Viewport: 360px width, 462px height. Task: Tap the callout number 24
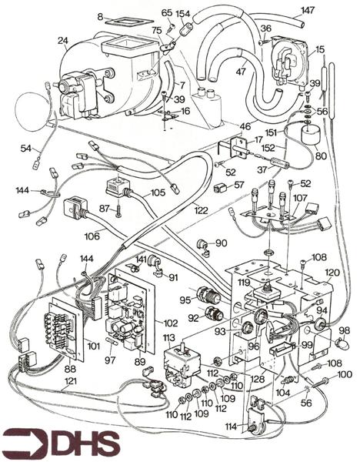point(62,40)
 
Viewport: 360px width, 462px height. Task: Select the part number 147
point(307,10)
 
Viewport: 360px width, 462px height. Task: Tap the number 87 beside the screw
point(104,209)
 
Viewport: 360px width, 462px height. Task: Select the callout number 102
point(171,324)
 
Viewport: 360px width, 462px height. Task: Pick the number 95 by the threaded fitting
point(185,300)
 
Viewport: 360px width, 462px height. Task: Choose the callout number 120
point(332,273)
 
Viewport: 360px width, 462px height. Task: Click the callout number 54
point(26,147)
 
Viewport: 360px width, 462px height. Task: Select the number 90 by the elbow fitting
point(222,243)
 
